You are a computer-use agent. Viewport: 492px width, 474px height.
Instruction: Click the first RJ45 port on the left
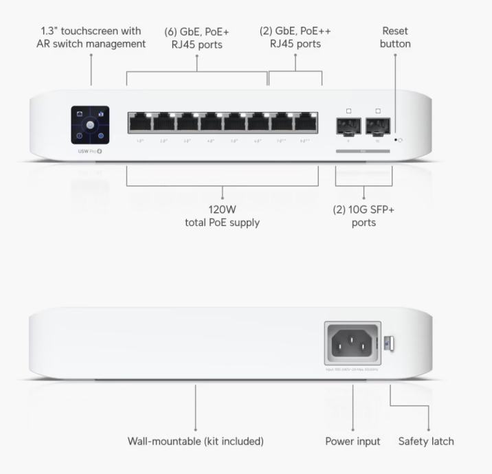pos(140,124)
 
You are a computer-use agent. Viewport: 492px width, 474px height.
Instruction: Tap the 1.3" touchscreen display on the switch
pos(91,124)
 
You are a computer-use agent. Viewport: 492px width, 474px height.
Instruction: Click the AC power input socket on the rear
pos(353,341)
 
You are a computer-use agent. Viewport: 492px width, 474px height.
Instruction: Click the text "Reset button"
pos(395,37)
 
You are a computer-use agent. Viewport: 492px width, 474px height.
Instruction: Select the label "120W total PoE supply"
pos(223,216)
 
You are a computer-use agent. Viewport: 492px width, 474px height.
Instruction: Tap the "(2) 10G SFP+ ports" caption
pos(363,216)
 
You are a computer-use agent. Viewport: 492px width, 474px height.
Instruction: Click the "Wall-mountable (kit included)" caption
pos(196,441)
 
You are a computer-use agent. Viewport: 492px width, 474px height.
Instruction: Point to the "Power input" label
pos(353,441)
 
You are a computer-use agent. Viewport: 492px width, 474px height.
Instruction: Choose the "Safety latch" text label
pos(426,441)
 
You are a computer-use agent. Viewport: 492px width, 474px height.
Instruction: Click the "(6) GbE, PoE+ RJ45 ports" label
pos(198,37)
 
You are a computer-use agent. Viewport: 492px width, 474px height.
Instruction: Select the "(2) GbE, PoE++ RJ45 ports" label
pos(295,37)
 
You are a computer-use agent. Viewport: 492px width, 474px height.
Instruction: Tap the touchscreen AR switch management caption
pos(91,37)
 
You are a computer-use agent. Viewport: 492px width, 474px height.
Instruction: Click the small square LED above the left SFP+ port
pos(349,110)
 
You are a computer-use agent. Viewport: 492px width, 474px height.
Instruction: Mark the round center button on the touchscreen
pos(91,125)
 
